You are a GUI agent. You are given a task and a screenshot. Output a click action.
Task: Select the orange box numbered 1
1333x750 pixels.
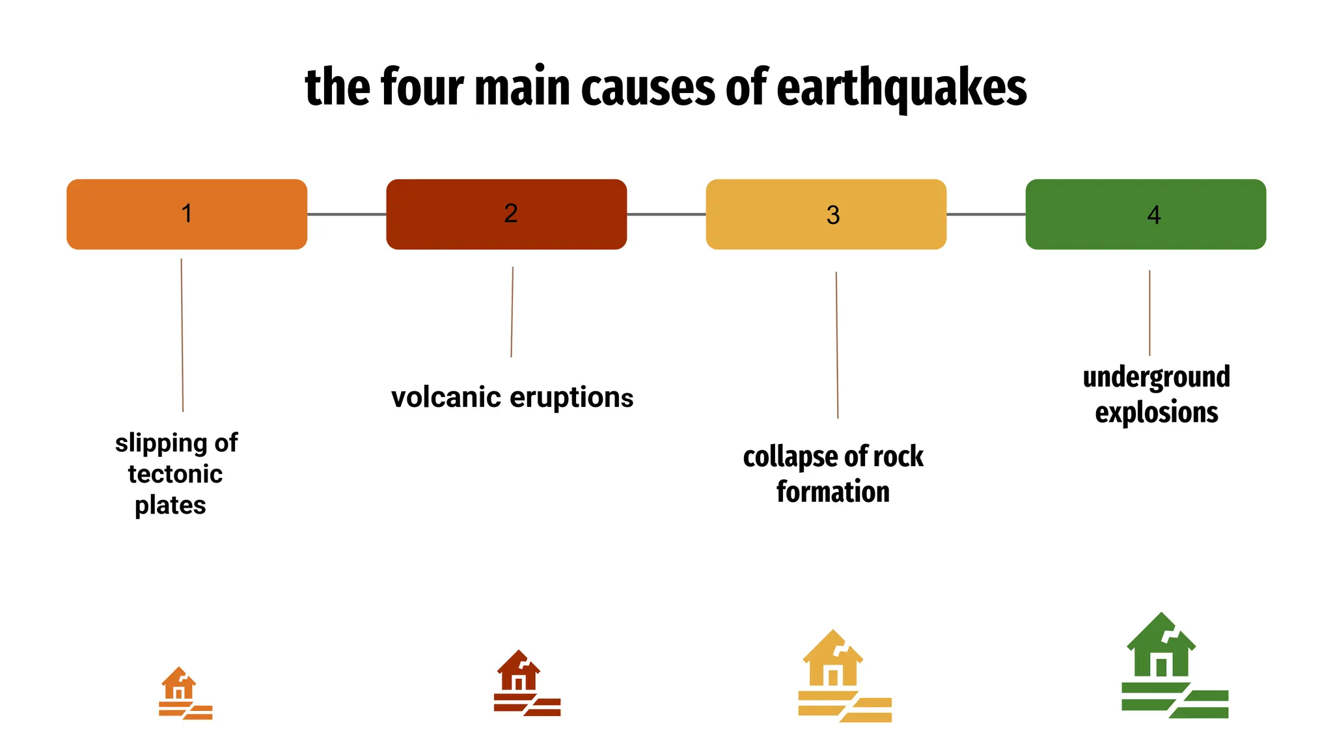pyautogui.click(x=187, y=214)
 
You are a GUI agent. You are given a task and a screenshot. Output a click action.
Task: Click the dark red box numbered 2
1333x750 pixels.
pyautogui.click(x=506, y=214)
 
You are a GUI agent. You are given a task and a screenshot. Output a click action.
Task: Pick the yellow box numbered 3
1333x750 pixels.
pyautogui.click(x=826, y=214)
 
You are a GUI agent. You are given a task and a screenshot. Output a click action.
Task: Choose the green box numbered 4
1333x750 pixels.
pyautogui.click(x=1146, y=214)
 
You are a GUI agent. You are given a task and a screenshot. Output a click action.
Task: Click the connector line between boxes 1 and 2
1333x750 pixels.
pyautogui.click(x=346, y=214)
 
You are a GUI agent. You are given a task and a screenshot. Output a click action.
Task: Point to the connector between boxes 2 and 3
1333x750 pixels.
pyautogui.click(x=666, y=214)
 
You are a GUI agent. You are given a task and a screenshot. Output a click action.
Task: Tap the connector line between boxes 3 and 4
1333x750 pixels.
pyautogui.click(x=985, y=214)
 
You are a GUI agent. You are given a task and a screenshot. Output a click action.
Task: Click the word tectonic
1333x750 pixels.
pyautogui.click(x=175, y=474)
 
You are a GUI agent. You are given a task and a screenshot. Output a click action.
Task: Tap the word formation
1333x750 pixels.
pyautogui.click(x=832, y=492)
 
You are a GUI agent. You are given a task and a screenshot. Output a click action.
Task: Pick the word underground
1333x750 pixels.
pyautogui.click(x=1156, y=378)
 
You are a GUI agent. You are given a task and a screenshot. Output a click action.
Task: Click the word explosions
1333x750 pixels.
pyautogui.click(x=1156, y=413)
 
